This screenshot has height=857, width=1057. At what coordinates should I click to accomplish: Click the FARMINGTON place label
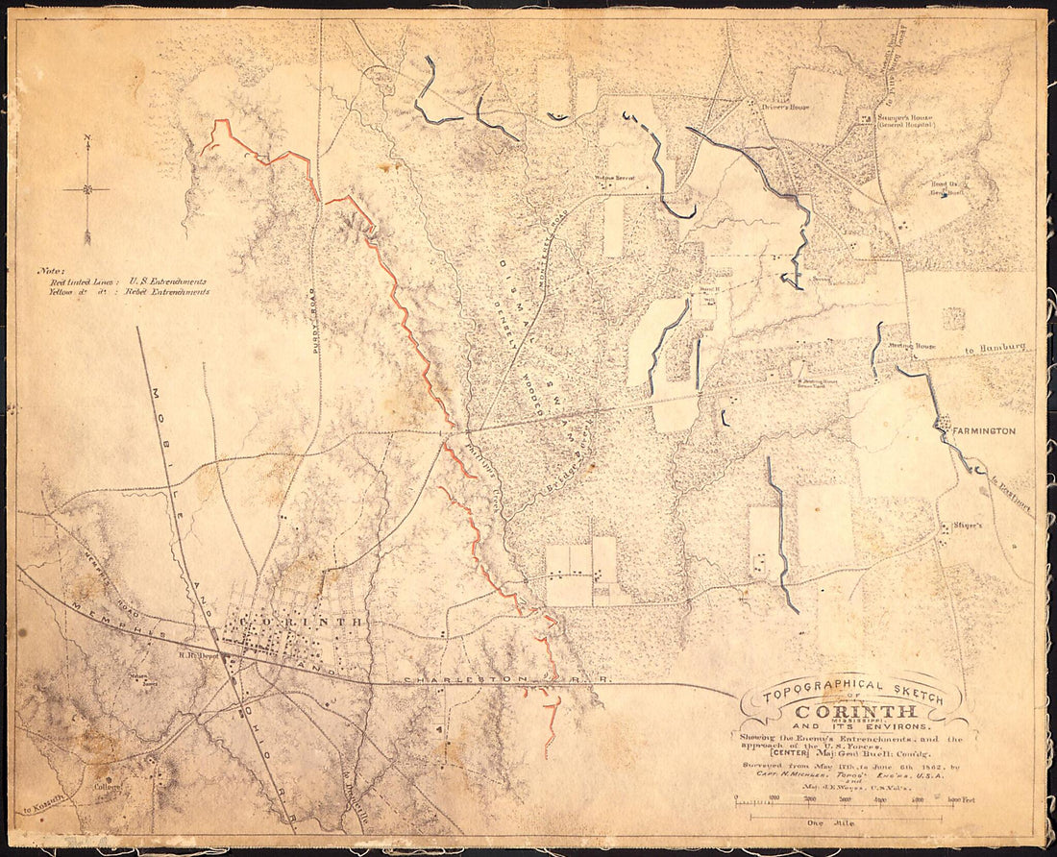click(983, 431)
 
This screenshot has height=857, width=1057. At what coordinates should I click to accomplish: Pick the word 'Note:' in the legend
click(51, 272)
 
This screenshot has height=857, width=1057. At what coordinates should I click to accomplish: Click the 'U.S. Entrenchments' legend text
click(167, 282)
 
